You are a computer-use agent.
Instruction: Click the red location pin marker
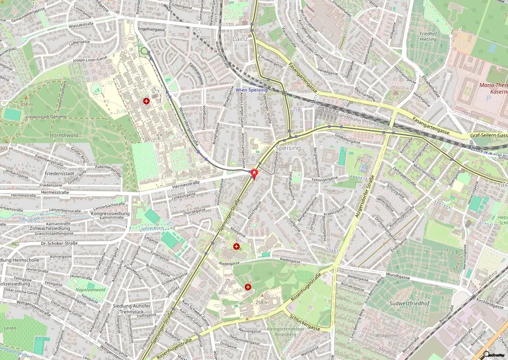tap(254, 174)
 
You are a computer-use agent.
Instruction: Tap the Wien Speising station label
tap(251, 90)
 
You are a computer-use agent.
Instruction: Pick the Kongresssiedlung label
tap(111, 214)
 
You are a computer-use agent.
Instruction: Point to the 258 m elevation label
tap(262, 302)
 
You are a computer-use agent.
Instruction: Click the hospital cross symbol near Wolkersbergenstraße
tap(146, 101)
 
